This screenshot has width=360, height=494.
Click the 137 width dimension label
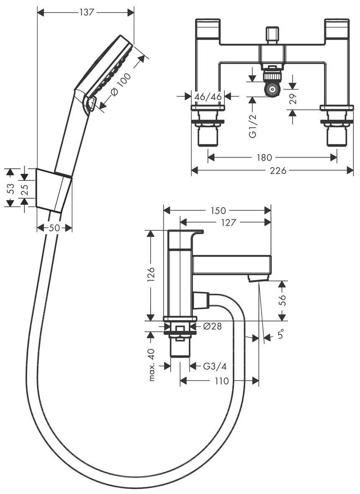click(x=87, y=12)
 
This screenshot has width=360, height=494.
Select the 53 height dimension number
click(x=11, y=188)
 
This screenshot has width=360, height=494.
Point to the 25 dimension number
click(x=24, y=189)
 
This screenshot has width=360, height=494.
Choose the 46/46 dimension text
click(x=208, y=97)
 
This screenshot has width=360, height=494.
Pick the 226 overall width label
click(x=278, y=170)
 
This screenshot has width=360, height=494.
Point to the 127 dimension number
click(x=228, y=222)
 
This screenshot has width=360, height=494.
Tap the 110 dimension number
click(x=221, y=381)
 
